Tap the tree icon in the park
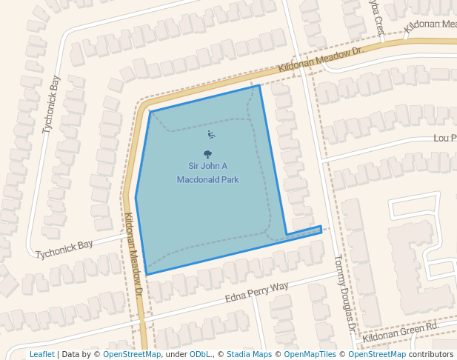point(207,155)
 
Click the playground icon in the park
point(211,134)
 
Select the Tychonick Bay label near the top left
point(50,104)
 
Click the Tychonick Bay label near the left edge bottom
point(64,249)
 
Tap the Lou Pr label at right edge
point(444,139)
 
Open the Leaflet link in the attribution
point(41,354)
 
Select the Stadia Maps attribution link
point(249,354)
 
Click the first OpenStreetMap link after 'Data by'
point(132,354)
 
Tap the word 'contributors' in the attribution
point(430,354)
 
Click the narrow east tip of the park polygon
point(319,227)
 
